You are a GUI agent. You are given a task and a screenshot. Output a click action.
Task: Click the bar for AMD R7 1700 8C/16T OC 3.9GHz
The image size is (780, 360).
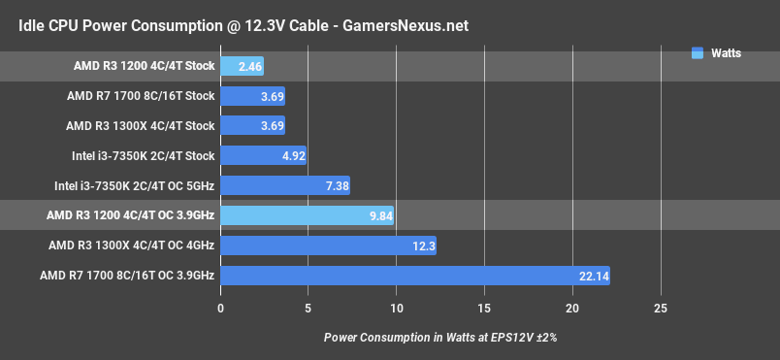[x=415, y=276]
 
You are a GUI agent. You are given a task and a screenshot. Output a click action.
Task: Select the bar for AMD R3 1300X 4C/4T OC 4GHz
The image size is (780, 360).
[x=328, y=246]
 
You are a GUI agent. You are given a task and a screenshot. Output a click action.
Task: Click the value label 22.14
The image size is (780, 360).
[x=593, y=277]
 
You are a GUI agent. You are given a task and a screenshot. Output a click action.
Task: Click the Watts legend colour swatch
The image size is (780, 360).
[x=697, y=53]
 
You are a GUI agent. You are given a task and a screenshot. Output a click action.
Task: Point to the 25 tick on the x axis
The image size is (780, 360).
[x=660, y=309]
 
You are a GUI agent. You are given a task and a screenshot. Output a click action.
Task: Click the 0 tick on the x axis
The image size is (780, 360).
[x=221, y=309]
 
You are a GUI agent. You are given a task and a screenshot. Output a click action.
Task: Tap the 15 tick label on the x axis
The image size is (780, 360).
[x=484, y=309]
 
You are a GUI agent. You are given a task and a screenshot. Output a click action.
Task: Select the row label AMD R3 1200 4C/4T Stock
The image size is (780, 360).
[x=144, y=67]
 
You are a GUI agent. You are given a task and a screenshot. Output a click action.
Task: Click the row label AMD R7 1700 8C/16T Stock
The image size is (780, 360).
[x=141, y=96]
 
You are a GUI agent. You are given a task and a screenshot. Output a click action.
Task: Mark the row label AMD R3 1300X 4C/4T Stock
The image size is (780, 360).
[x=141, y=126]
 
